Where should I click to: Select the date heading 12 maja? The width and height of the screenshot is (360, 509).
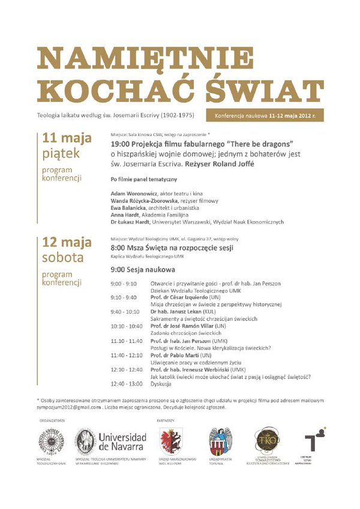point(67,243)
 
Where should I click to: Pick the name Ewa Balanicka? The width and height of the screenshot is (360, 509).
point(128,208)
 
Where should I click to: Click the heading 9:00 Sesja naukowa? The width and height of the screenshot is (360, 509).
point(143,269)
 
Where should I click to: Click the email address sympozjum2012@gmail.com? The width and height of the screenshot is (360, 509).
point(67,407)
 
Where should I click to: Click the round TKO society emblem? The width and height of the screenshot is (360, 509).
point(265,439)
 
